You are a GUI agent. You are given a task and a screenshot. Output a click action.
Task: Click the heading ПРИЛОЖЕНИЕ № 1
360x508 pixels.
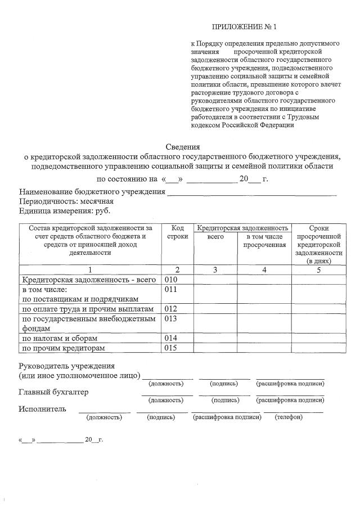(x=245, y=27)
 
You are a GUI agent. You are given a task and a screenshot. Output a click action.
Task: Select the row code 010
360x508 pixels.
(x=170, y=280)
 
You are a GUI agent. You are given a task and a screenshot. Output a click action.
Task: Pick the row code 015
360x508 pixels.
(x=170, y=348)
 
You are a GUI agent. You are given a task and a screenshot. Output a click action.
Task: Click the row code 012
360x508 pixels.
(x=170, y=309)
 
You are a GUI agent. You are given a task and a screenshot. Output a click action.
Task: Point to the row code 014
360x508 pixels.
(x=170, y=338)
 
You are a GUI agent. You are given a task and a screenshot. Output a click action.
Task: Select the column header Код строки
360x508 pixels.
(x=177, y=232)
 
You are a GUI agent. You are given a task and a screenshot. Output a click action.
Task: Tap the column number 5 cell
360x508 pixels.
(x=318, y=270)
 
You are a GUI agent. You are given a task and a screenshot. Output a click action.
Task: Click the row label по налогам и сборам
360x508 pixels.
(x=60, y=338)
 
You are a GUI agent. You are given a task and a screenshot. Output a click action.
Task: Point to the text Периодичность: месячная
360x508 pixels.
(x=66, y=201)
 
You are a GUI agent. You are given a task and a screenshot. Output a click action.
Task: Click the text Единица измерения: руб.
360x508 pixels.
(x=65, y=211)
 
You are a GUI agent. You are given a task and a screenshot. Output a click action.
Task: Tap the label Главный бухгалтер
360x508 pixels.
(x=53, y=392)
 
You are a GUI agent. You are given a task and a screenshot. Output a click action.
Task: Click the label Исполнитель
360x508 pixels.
(x=42, y=409)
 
